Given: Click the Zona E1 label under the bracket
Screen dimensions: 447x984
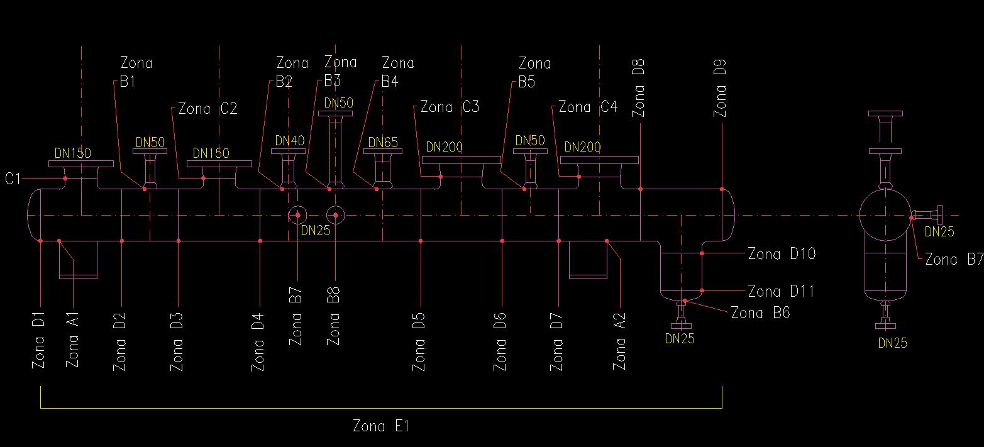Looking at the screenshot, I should pyautogui.click(x=381, y=426).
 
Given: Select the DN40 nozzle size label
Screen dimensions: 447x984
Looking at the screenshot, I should pyautogui.click(x=289, y=141).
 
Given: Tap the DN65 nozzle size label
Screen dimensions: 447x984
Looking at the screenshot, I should pyautogui.click(x=383, y=143).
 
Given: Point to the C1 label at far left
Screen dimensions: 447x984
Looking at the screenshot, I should pyautogui.click(x=13, y=180).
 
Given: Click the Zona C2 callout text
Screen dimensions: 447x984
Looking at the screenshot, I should pyautogui.click(x=207, y=109).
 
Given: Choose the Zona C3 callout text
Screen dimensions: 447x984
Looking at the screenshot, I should pyautogui.click(x=450, y=107).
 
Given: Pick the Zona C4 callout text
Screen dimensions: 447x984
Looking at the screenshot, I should pyautogui.click(x=588, y=108).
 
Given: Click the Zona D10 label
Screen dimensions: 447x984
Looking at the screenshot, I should pyautogui.click(x=782, y=254).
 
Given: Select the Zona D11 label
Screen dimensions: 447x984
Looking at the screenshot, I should pyautogui.click(x=782, y=292).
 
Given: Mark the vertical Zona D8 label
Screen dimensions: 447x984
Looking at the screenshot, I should pyautogui.click(x=639, y=88).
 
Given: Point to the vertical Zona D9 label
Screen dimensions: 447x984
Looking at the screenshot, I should pyautogui.click(x=721, y=88).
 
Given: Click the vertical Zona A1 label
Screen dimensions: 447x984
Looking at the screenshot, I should pyautogui.click(x=73, y=343).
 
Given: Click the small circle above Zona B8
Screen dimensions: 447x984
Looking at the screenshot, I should pyautogui.click(x=336, y=215).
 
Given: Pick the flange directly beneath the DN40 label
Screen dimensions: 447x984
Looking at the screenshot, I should pyautogui.click(x=289, y=151).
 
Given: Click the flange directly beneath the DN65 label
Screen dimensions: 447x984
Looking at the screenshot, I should pyautogui.click(x=383, y=152).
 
